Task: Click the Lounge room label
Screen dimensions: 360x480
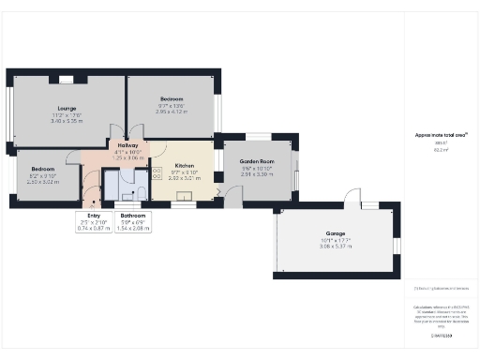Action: click(67, 108)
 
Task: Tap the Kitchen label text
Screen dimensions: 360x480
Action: click(184, 165)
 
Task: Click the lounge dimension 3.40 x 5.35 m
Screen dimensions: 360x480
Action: click(67, 121)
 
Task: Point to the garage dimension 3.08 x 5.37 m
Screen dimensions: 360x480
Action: click(335, 245)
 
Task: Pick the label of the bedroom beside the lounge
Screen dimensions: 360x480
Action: click(171, 99)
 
